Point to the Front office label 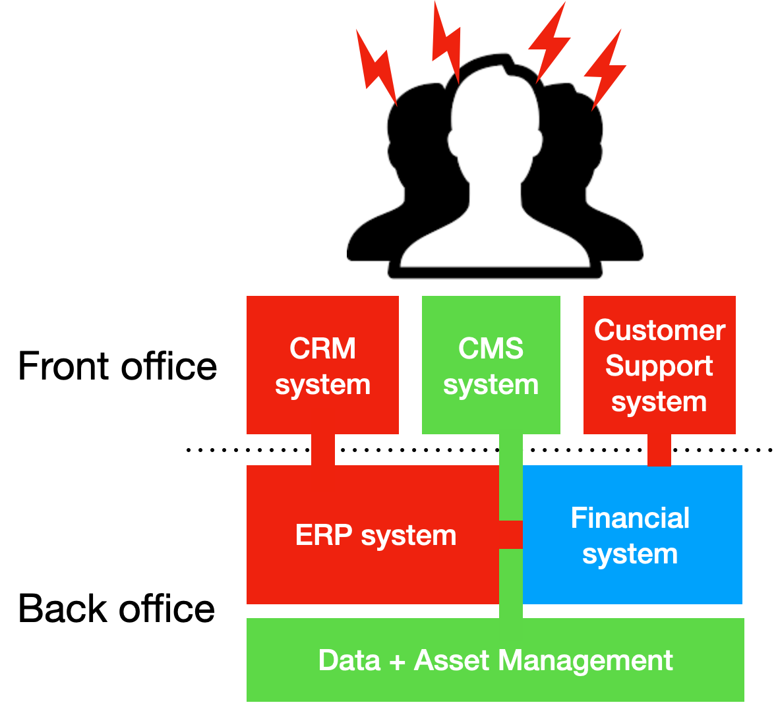(117, 366)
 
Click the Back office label (117, 608)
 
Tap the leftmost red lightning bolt (376, 67)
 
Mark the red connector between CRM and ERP (323, 449)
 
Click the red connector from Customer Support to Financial (659, 449)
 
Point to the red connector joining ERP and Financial (511, 534)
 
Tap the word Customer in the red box (659, 330)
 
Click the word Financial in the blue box (630, 518)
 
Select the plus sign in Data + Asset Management (397, 661)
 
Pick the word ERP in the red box (324, 535)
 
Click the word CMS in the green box (491, 348)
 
